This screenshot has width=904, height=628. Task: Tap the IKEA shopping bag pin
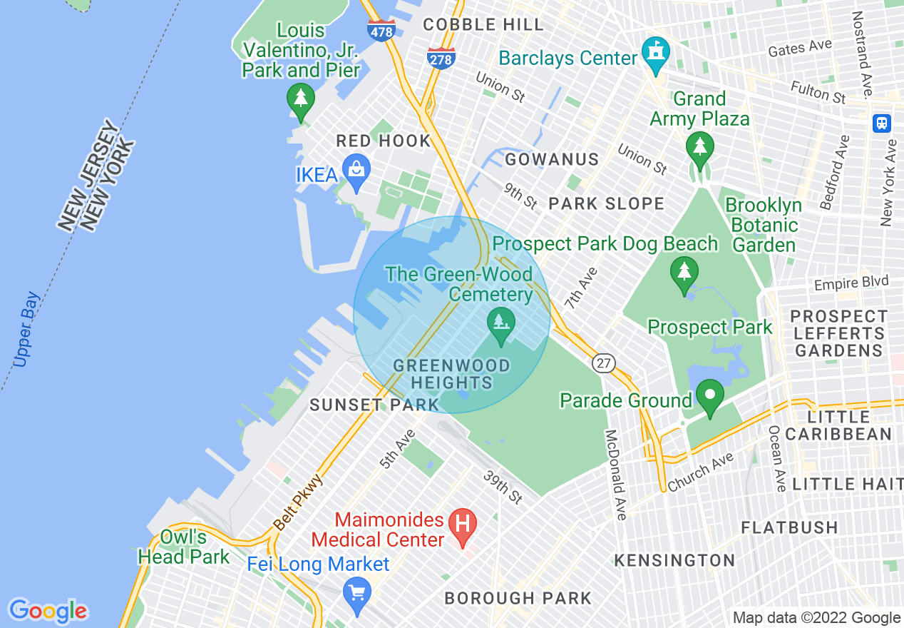[356, 170]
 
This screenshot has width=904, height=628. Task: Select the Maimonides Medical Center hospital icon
[463, 523]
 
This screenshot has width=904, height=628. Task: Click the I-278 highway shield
[441, 58]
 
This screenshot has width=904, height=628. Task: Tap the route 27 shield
[603, 363]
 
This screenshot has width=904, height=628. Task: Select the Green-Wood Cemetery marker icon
[501, 323]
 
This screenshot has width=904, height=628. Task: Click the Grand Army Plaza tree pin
[700, 148]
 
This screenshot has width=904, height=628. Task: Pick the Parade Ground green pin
[709, 394]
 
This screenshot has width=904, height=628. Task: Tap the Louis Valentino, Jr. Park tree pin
[300, 98]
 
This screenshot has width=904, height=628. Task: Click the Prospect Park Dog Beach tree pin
[684, 272]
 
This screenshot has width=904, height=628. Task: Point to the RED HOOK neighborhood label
[384, 141]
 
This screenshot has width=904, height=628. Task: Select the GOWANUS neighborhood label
[552, 159]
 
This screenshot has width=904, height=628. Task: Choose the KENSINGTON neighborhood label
[674, 560]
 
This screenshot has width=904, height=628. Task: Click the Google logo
[48, 611]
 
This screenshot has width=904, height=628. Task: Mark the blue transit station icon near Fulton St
[882, 123]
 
